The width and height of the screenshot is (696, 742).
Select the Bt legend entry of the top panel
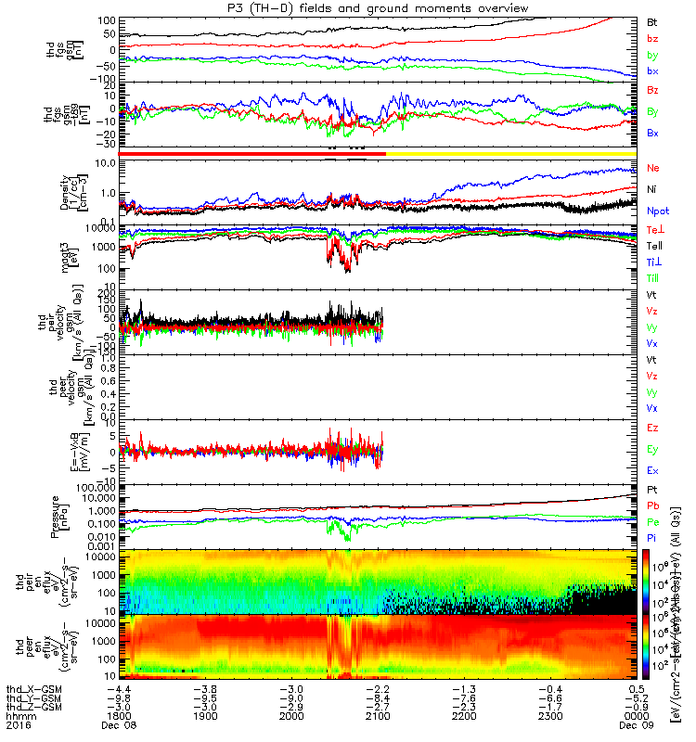pos(652,20)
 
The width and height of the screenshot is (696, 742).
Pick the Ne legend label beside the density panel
pos(653,168)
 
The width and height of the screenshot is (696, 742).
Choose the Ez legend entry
pos(653,429)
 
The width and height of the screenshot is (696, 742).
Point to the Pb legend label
pos(653,506)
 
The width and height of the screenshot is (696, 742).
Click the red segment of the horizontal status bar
pos(232,153)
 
